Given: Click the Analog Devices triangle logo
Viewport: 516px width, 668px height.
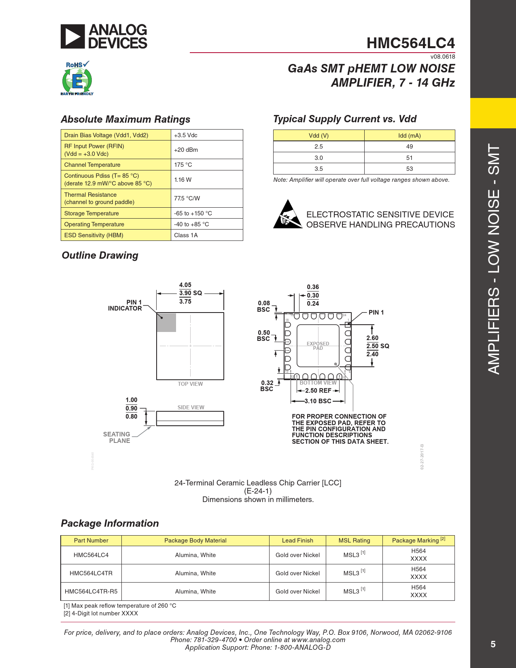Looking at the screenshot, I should coord(73,36).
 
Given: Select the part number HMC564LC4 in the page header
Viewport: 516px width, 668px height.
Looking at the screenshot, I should coord(410,43).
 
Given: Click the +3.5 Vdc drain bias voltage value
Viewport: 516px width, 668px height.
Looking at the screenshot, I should coord(186,135).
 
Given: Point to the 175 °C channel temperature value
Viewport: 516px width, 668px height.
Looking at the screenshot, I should coord(183,165).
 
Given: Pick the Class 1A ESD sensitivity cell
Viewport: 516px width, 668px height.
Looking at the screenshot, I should coord(186,235).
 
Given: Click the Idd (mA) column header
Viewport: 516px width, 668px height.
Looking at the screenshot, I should coord(409,136).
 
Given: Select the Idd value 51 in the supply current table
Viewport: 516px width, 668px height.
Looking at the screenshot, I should coord(409,158).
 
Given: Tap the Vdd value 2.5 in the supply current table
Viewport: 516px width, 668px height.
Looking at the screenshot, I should coord(319,147).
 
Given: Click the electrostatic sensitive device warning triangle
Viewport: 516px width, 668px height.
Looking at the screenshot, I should coord(288,215).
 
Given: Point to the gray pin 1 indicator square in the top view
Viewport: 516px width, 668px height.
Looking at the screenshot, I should coord(166,322).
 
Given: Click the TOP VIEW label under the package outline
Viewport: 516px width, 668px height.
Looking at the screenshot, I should coord(190,384).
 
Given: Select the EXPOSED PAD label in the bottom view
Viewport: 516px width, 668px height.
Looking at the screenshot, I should coord(318,346).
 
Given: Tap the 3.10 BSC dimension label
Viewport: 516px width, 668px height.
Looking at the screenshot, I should coord(318,401).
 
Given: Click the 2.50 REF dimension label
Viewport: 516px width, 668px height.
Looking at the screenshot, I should coord(318,391).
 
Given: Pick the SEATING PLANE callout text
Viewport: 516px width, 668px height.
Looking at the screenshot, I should coord(117,437).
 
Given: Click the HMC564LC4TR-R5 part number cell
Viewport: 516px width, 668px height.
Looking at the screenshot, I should coord(91,591).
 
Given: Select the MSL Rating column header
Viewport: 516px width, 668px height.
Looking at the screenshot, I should coord(354,540).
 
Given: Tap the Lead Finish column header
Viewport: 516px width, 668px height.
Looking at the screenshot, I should coord(297,540).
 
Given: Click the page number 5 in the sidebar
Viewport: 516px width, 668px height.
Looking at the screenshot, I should coord(493,644).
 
